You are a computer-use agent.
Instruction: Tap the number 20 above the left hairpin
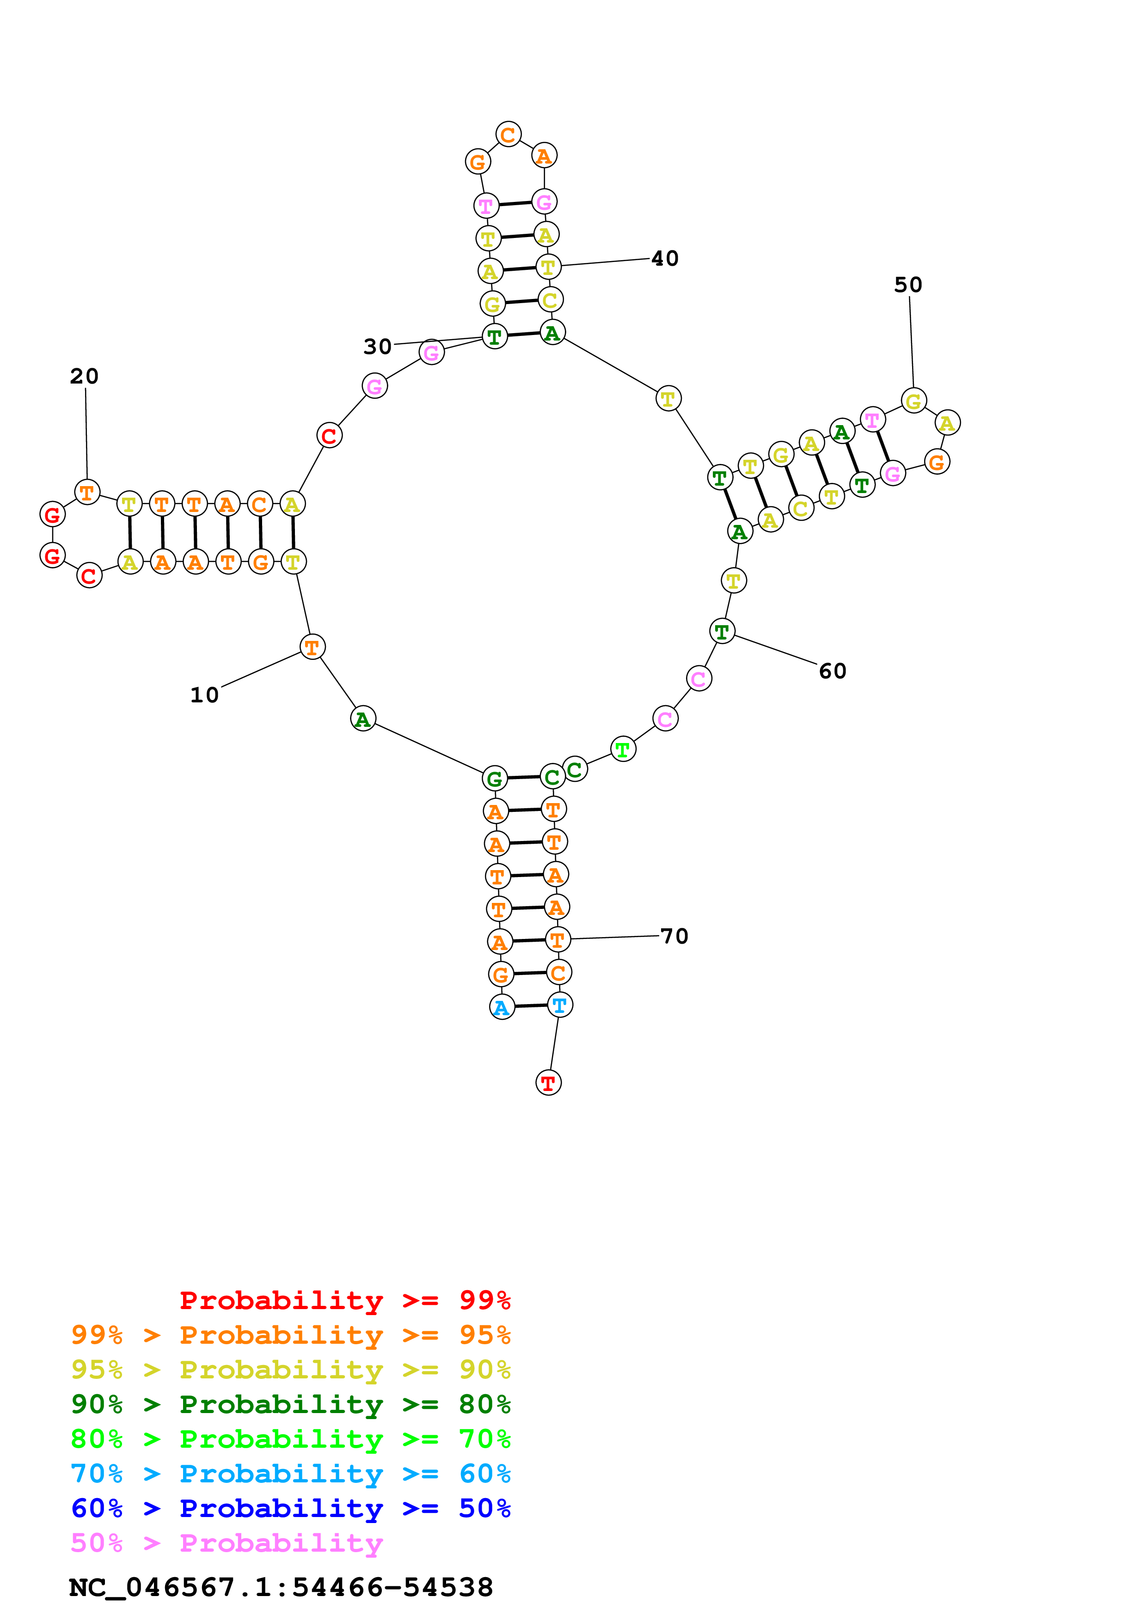tap(84, 376)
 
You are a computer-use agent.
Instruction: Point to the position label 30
tap(377, 347)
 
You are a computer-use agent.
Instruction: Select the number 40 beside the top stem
tap(664, 258)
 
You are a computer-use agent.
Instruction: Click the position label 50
tap(907, 285)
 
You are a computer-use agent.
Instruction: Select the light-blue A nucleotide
tap(501, 1007)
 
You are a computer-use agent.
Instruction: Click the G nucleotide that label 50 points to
tap(913, 401)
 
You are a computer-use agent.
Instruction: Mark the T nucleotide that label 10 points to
tap(312, 647)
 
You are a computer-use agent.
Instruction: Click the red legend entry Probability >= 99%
tap(344, 1300)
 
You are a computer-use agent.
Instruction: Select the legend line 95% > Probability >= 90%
tap(290, 1371)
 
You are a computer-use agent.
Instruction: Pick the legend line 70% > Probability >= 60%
tap(290, 1474)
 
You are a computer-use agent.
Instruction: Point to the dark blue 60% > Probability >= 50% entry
tap(290, 1508)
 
